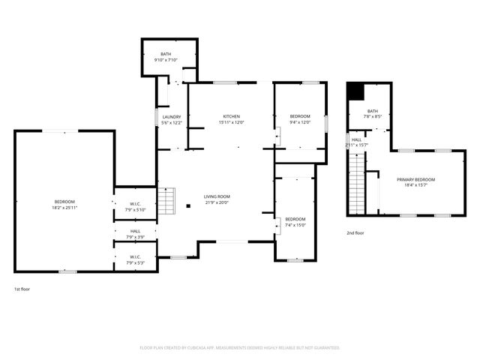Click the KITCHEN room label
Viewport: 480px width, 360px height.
tap(231, 116)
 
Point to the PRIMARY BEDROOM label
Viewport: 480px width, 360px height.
tap(415, 179)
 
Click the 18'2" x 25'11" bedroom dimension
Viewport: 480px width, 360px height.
tap(64, 208)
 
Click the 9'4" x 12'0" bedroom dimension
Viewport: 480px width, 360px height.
tap(300, 123)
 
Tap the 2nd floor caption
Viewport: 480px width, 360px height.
tap(355, 233)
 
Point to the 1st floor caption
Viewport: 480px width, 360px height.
tap(22, 289)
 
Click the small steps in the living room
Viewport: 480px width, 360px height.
tap(169, 198)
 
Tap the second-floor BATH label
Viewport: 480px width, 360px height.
tap(373, 110)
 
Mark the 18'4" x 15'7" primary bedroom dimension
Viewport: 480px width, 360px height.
tap(415, 185)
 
